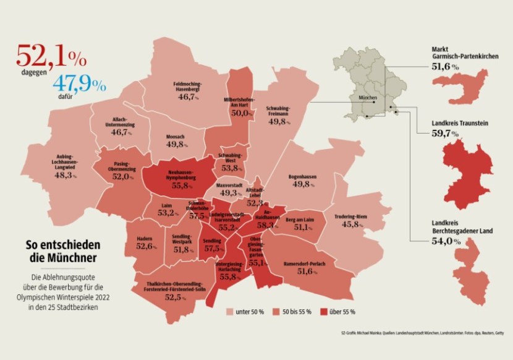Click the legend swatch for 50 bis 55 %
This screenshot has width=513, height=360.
275,312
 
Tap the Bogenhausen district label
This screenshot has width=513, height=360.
303,177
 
